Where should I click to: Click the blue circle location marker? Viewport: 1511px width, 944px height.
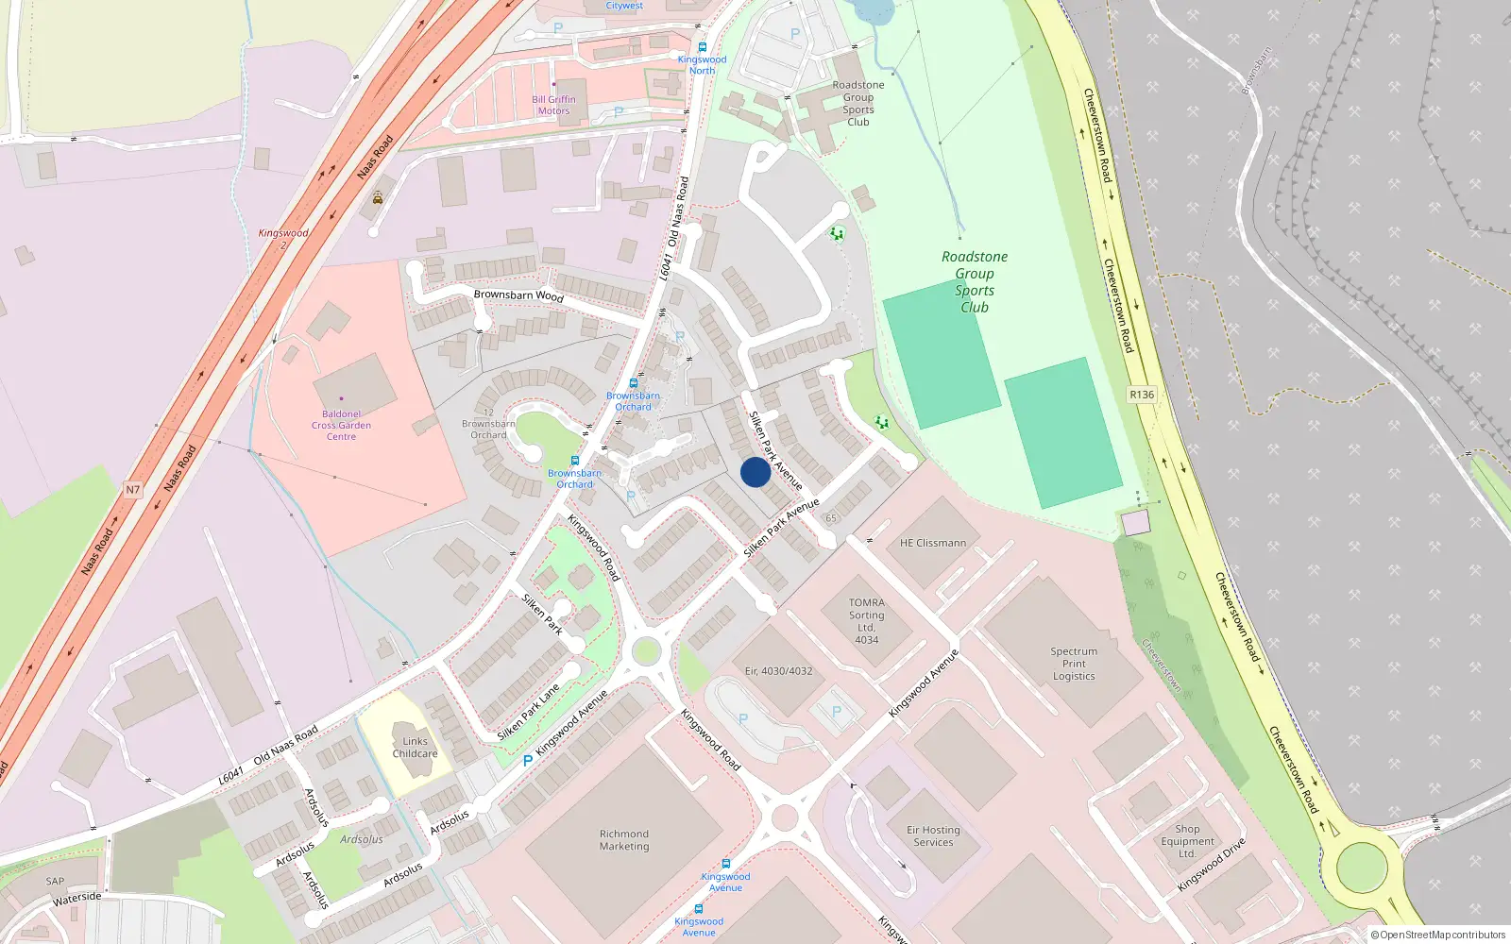click(755, 472)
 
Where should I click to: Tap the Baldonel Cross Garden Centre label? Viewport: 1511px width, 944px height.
click(341, 426)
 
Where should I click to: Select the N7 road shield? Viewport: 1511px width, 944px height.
click(132, 490)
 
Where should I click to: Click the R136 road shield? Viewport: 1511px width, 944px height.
click(1142, 395)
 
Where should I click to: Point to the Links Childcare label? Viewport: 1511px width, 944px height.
click(415, 748)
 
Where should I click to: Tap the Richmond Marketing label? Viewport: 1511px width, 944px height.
click(624, 840)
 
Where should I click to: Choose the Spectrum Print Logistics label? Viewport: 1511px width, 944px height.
click(1074, 664)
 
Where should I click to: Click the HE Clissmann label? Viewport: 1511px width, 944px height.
click(932, 543)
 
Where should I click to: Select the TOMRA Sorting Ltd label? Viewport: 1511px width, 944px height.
click(866, 621)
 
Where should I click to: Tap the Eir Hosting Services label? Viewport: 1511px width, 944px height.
click(933, 836)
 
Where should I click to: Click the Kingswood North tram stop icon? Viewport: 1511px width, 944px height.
click(702, 46)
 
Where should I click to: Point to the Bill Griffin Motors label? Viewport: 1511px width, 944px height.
click(553, 105)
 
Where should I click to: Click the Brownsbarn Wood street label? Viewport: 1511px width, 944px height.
click(518, 295)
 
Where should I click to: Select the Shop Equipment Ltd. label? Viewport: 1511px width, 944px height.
click(1187, 841)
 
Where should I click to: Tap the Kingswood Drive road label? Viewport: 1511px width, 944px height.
click(1212, 865)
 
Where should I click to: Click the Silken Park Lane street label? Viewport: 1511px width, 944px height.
click(528, 712)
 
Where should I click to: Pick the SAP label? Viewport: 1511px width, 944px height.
click(55, 882)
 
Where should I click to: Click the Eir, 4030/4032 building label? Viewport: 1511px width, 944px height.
click(778, 671)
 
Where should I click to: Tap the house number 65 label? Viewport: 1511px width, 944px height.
click(831, 517)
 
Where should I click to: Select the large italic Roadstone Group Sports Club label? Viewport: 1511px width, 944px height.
click(975, 281)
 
